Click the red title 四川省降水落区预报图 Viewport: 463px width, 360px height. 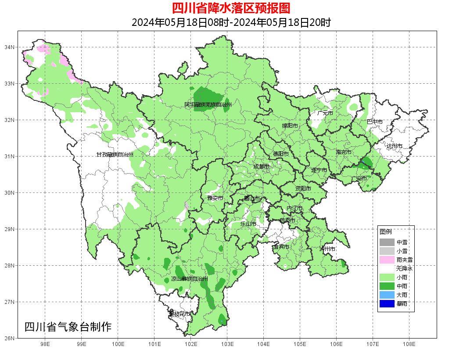[x=231, y=8]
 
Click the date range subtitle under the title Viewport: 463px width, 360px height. [x=231, y=22]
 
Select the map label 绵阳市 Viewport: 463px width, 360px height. [x=290, y=126]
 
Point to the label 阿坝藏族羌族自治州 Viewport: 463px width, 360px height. [x=208, y=105]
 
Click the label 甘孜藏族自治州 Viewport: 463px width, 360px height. [x=115, y=155]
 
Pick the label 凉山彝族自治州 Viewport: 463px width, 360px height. [x=190, y=279]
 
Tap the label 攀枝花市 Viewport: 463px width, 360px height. [x=179, y=314]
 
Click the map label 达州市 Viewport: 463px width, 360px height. [x=395, y=146]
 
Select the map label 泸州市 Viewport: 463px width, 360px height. [x=327, y=249]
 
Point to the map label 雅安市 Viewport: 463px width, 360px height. [x=215, y=198]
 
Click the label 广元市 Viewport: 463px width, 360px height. [x=325, y=113]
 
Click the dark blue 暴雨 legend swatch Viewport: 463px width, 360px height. [x=387, y=303]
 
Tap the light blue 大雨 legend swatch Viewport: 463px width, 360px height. [x=387, y=295]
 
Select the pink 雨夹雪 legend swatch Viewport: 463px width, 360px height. [x=387, y=260]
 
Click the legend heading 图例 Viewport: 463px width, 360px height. [x=386, y=232]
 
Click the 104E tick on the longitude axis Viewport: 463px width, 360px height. [x=263, y=344]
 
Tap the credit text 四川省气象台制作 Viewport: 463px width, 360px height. [x=68, y=327]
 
